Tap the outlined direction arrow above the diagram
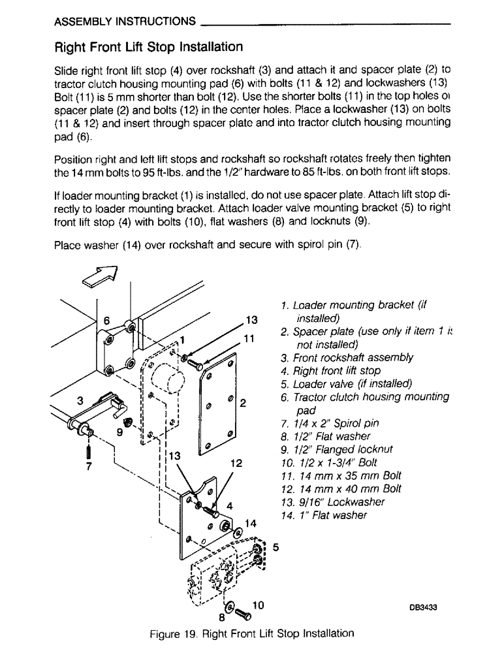pos(99,277)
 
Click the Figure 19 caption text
pos(251,633)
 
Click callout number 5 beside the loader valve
pos(276,547)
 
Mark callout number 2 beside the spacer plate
pos(242,403)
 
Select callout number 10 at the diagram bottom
pos(257,605)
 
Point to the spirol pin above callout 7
pos(88,450)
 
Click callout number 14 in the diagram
pos(250,522)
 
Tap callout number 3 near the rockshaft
pos(79,402)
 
